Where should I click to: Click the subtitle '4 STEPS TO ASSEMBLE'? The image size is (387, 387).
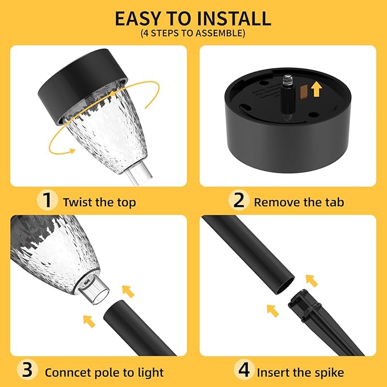(193, 34)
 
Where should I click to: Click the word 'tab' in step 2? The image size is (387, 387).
(332, 202)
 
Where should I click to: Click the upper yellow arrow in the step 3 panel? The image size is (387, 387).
(129, 291)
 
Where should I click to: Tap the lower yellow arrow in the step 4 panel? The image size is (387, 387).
(273, 311)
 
